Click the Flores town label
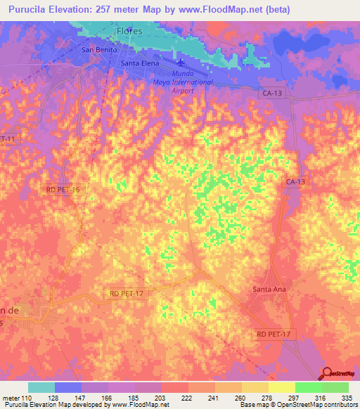129,32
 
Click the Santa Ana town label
269,290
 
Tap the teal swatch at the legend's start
41,387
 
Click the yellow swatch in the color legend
281,387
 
